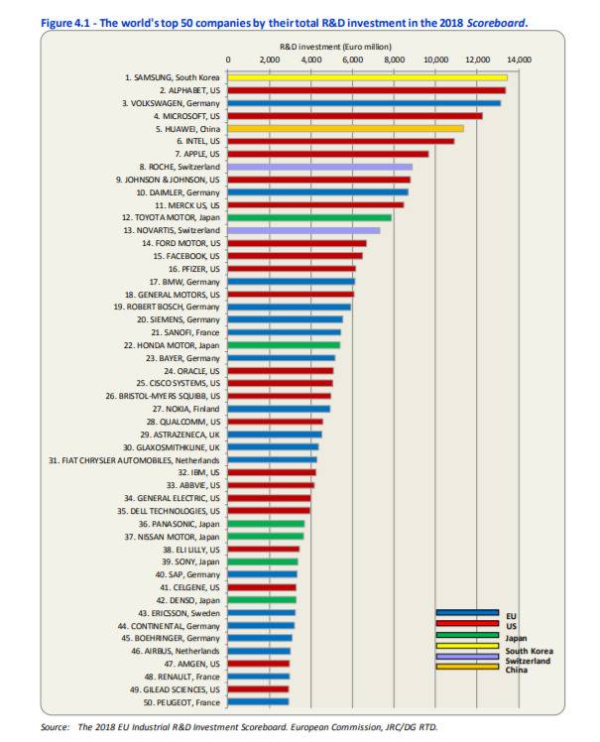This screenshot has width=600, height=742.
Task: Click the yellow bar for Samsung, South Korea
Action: click(367, 76)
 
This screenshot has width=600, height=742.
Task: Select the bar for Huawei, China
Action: click(346, 128)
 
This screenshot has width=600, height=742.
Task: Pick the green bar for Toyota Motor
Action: click(309, 217)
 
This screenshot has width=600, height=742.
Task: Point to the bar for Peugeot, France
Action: click(258, 701)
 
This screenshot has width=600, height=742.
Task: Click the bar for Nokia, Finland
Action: click(279, 408)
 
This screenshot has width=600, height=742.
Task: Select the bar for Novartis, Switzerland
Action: click(303, 230)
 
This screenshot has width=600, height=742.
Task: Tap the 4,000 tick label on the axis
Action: click(311, 61)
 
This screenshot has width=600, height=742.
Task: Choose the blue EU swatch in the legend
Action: click(467, 613)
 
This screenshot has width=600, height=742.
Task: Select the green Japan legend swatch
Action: click(467, 636)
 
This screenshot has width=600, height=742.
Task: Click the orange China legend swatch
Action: click(467, 667)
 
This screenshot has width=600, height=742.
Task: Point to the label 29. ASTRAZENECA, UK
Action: click(180, 434)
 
